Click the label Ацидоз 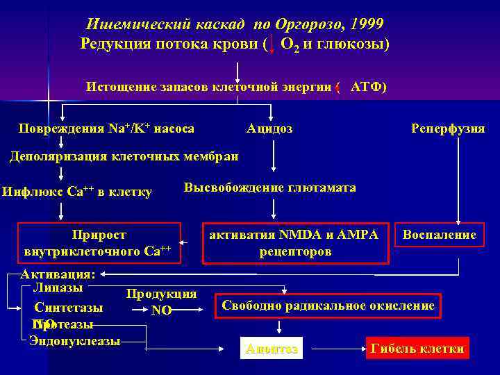point(269,128)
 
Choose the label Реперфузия point(448,128)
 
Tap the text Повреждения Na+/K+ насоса point(106,128)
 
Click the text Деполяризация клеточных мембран point(124,156)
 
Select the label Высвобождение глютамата point(269,187)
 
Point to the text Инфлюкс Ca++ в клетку point(77,192)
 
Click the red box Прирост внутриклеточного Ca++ point(99,243)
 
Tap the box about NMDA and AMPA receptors point(295,243)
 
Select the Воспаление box point(440,235)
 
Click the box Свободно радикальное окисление point(328,306)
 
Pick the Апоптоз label point(272,349)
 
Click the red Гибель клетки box point(417,349)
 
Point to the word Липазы point(58,287)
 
